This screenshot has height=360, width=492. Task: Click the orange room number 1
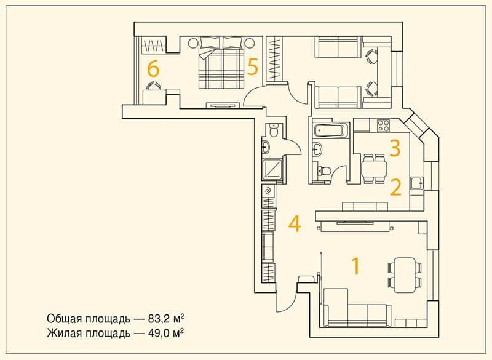355,266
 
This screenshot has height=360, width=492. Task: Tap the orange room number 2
395,187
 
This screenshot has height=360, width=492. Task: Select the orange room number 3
395,148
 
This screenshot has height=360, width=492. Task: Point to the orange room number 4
295,224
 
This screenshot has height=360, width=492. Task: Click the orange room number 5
252,67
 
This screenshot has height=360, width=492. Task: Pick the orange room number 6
153,69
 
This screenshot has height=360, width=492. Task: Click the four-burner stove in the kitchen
383,126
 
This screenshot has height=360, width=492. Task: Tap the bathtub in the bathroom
331,130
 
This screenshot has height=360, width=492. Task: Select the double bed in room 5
221,63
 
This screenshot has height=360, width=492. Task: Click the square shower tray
272,170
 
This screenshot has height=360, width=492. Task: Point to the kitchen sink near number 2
417,183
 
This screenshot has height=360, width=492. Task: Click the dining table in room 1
405,275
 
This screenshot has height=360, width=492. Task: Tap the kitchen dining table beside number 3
374,169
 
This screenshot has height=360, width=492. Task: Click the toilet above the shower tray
274,130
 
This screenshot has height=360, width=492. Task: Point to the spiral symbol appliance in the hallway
268,191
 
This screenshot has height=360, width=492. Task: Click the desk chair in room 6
154,86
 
